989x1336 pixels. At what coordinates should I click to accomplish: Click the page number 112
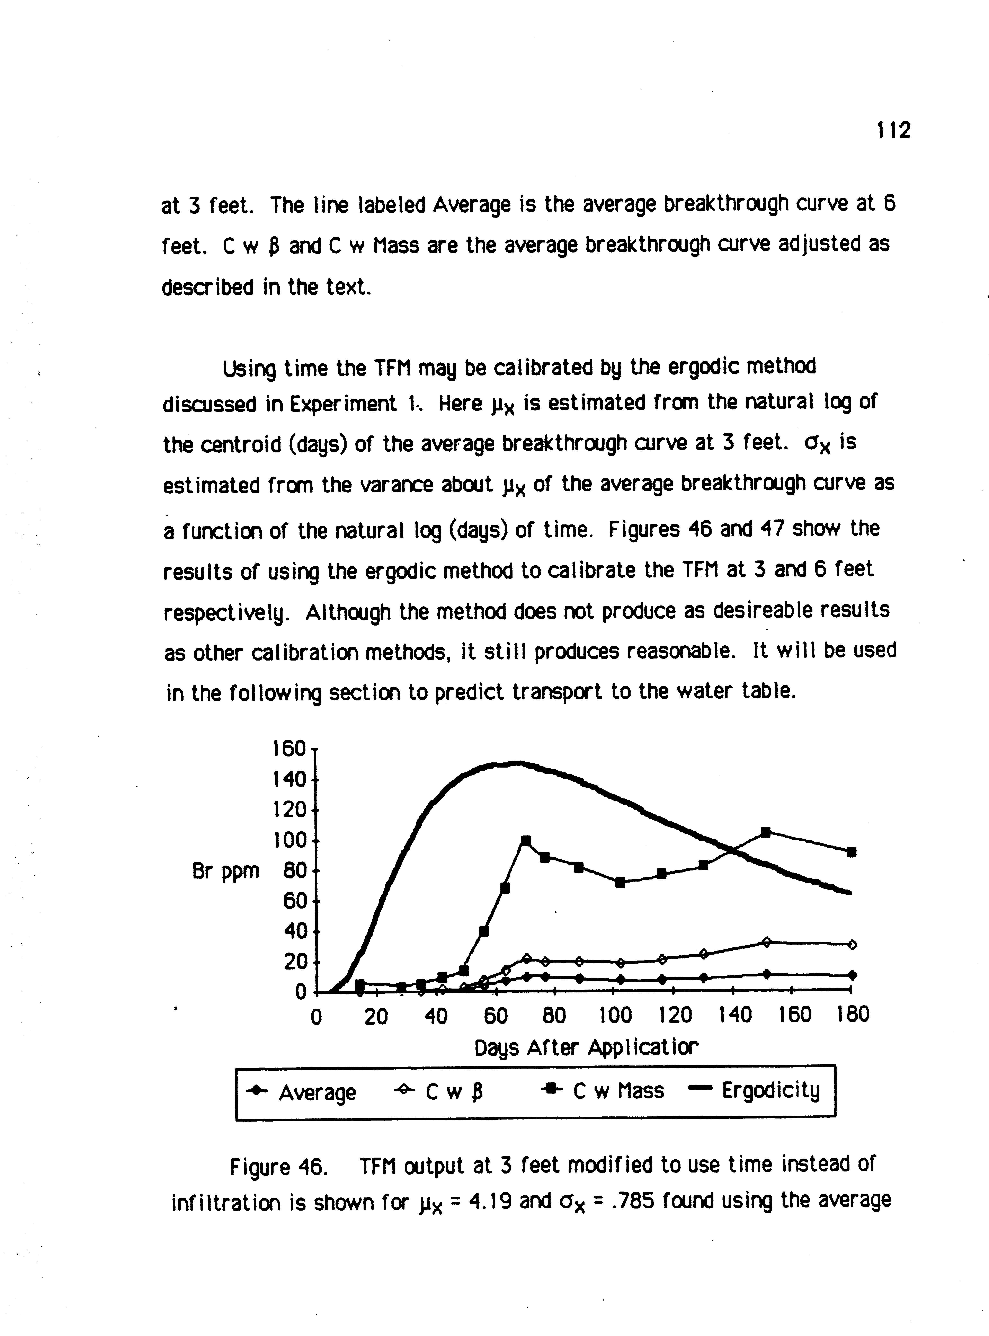[893, 130]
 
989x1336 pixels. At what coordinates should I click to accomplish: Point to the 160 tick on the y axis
[289, 749]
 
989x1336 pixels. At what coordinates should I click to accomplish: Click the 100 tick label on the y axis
[289, 840]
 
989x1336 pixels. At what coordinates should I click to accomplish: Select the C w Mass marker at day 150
[765, 832]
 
